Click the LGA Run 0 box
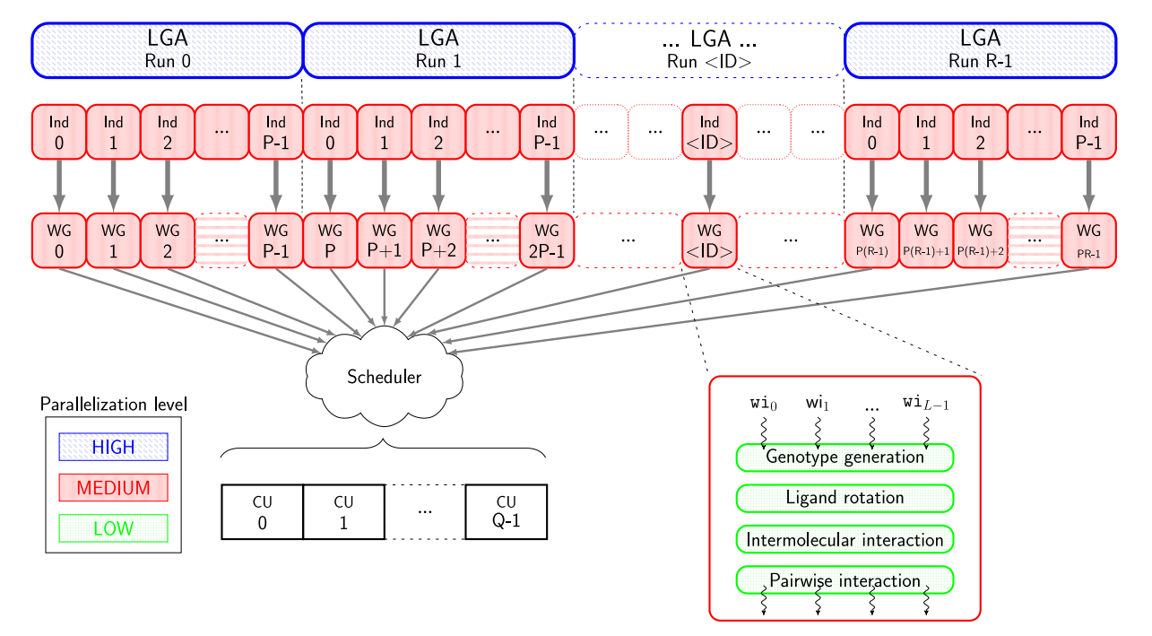pos(168,49)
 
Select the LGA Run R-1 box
pos(980,49)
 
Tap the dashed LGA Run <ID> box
pos(709,49)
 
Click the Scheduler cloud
pos(384,377)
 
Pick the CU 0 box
pos(262,512)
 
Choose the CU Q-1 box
pos(506,512)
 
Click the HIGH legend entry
pos(113,447)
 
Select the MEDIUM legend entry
pos(113,488)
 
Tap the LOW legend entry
pos(113,528)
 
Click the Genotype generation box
pos(845,457)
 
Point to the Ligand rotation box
pos(845,497)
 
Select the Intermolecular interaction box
pos(845,540)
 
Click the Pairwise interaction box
pos(845,580)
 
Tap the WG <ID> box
pos(709,240)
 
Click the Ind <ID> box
pos(709,133)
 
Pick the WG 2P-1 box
pos(547,240)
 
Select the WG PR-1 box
pos(1089,240)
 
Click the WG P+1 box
pos(385,240)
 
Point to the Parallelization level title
pos(113,405)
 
